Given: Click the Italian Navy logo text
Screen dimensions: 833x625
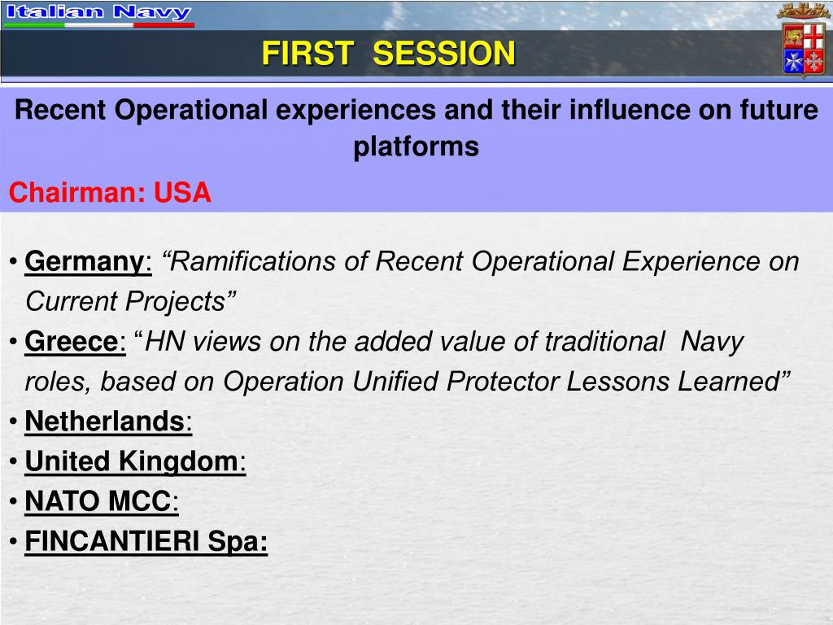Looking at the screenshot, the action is pyautogui.click(x=98, y=12).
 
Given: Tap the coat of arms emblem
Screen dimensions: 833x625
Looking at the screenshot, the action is pyautogui.click(x=803, y=42).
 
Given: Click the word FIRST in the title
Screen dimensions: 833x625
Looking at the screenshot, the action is pyautogui.click(x=307, y=53).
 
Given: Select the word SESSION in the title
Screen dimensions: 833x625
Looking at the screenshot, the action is pyautogui.click(x=444, y=53).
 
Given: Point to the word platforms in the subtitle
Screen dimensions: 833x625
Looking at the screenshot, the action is pyautogui.click(x=416, y=146).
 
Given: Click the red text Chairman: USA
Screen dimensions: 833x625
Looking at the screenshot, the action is pyautogui.click(x=110, y=192).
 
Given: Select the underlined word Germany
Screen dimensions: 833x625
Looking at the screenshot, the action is pyautogui.click(x=85, y=262).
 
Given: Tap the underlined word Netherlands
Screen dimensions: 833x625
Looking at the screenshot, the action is pyautogui.click(x=105, y=422).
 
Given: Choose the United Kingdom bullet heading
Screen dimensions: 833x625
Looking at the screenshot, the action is pyautogui.click(x=133, y=461).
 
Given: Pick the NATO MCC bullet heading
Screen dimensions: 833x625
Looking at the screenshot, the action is pyautogui.click(x=98, y=501).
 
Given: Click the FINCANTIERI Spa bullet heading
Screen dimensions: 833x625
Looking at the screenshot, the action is pyautogui.click(x=146, y=541).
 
